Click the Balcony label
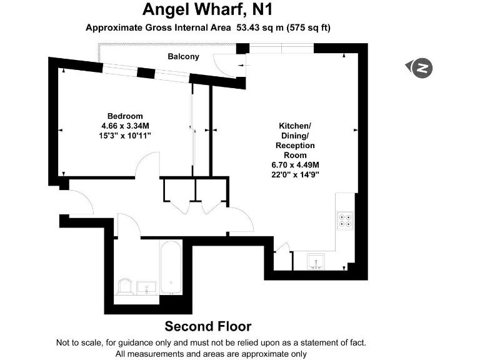[183, 57]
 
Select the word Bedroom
[125, 116]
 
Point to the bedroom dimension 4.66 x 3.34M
[125, 126]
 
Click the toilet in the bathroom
[124, 286]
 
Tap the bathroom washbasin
[146, 288]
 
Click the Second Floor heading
[207, 326]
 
